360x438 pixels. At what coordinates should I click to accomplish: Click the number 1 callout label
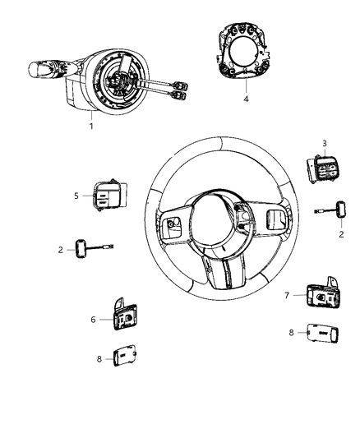tap(90, 126)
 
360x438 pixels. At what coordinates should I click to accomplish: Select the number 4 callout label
tap(244, 99)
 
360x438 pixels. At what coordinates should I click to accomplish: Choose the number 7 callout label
tap(286, 293)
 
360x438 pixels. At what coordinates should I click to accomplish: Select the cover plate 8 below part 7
tap(320, 333)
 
